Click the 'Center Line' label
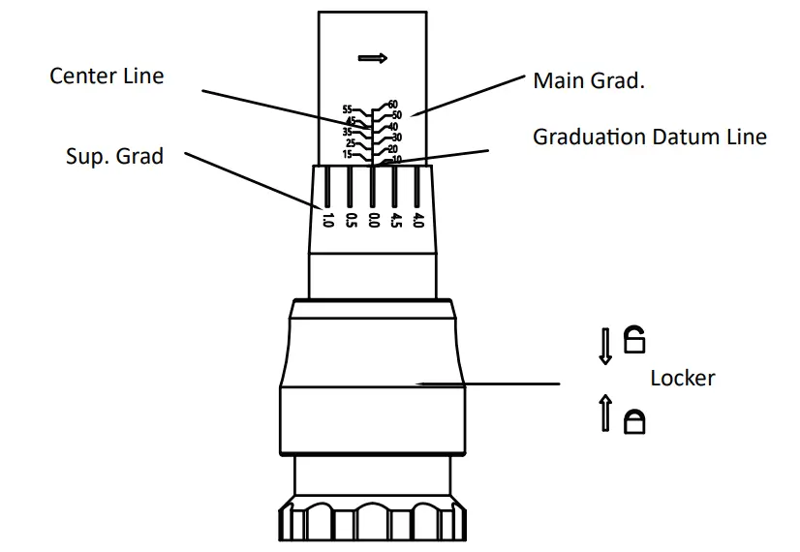[107, 76]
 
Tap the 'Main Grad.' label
[589, 80]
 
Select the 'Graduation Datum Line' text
[650, 137]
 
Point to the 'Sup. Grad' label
[115, 156]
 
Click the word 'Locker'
[683, 378]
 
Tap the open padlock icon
[634, 339]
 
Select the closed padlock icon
[634, 421]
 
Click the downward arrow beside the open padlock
[605, 347]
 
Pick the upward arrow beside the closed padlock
[605, 413]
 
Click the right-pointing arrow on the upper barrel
[373, 58]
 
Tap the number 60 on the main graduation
[392, 105]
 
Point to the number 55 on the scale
[348, 109]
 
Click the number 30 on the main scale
[396, 138]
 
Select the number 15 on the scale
[348, 154]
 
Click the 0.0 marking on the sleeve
[374, 221]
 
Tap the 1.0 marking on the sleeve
[327, 221]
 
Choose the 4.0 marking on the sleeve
[417, 221]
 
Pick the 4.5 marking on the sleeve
[396, 221]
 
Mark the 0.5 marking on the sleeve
[351, 221]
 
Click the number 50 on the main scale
[396, 115]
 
